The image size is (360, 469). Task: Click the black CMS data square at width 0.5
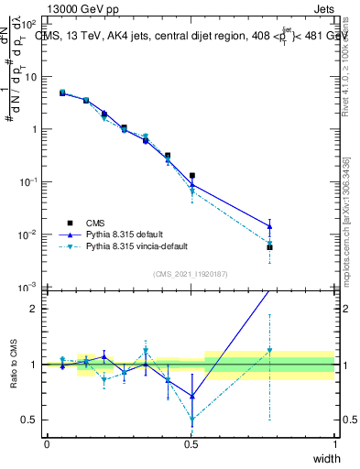[x=192, y=175]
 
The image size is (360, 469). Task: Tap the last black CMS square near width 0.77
[x=269, y=247]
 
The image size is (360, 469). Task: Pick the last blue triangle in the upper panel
[x=269, y=226]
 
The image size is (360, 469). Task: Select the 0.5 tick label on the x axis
[x=191, y=444]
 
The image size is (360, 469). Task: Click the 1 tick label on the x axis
[x=335, y=444]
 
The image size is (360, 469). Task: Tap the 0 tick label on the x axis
[x=46, y=444]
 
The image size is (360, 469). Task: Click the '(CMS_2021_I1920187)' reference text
[x=191, y=273]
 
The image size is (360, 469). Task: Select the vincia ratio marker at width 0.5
[x=192, y=421]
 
